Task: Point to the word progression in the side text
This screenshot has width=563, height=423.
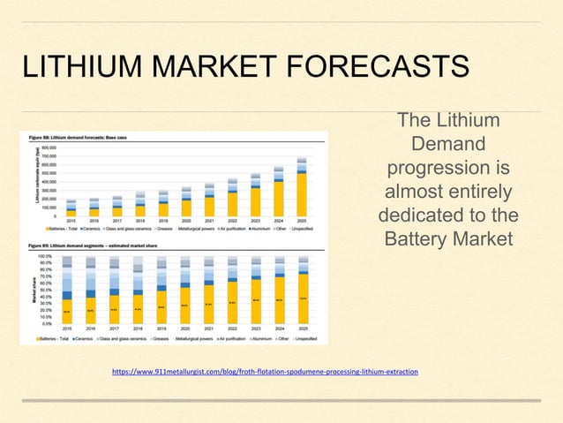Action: click(447, 168)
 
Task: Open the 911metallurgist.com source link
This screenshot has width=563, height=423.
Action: click(266, 373)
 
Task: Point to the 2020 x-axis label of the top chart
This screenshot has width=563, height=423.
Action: click(185, 223)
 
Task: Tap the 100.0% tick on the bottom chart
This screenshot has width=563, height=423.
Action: click(45, 255)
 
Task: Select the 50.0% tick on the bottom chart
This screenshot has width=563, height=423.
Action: click(46, 290)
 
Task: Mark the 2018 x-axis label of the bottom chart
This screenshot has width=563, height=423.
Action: click(138, 329)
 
